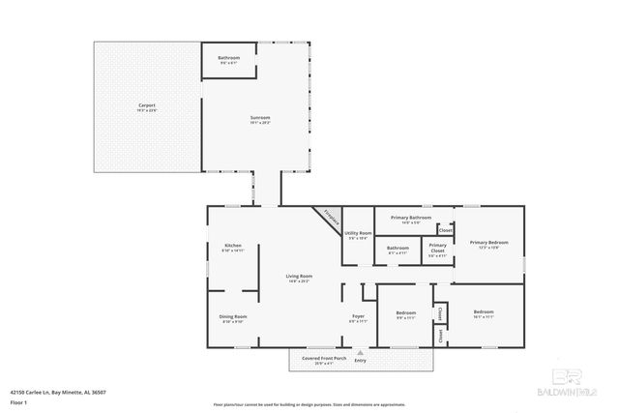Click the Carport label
147,104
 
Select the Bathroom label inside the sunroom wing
228,59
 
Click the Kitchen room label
233,246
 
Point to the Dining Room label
233,317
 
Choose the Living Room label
298,277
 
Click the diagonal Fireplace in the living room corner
331,219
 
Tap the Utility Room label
358,233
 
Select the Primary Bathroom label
411,219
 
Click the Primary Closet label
437,250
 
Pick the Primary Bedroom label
488,243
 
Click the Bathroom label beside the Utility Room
398,249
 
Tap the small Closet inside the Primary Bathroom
445,230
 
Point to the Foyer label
357,317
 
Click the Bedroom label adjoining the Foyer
405,312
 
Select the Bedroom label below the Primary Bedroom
483,312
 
